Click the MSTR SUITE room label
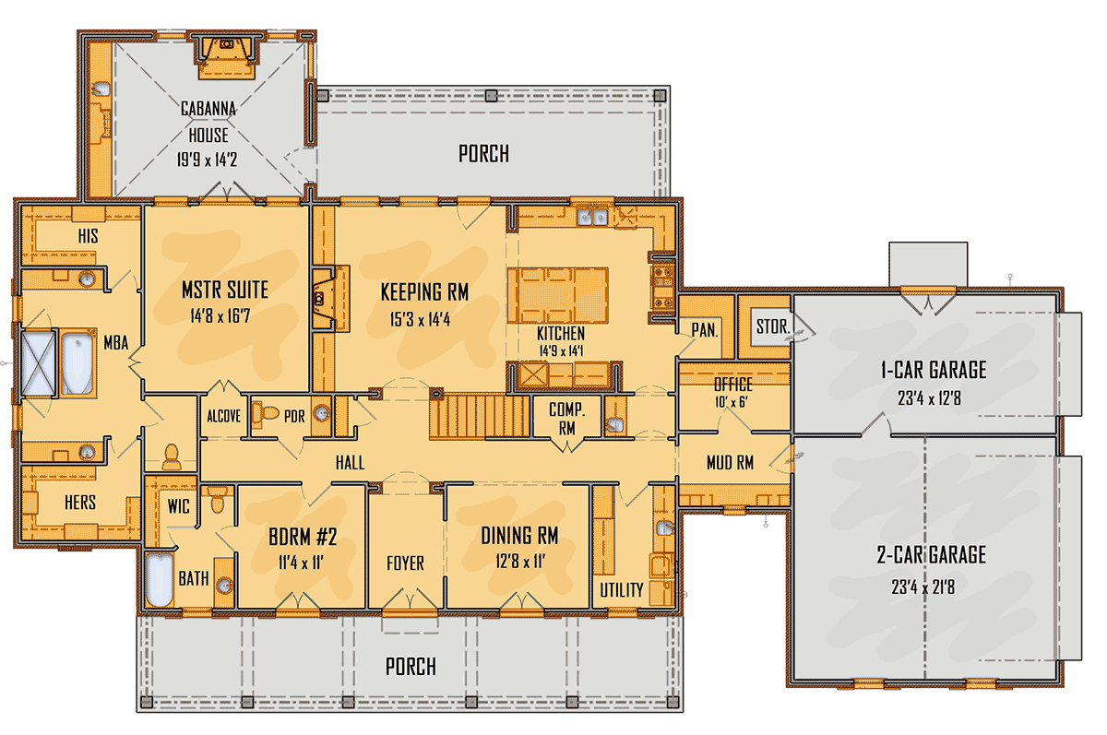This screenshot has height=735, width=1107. coord(225,290)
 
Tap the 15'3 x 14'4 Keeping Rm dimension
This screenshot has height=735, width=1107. coord(420,320)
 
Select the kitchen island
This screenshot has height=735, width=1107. coord(558,295)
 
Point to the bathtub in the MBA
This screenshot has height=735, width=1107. coord(77,363)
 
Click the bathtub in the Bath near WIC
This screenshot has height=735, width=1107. coord(159,579)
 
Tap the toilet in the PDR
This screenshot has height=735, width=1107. coord(265,412)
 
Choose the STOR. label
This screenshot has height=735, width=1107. coord(773,326)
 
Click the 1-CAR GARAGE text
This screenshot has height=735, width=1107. coord(934,370)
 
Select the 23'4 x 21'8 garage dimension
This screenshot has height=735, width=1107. coord(923,587)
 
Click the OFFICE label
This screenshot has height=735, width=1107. coord(733,385)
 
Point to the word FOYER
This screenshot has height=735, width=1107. coord(405,563)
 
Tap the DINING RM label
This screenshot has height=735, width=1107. coord(519,536)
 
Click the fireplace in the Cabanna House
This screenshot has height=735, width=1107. coord(227,56)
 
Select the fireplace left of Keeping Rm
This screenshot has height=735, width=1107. coord(330,299)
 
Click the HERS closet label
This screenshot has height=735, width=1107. coord(80,503)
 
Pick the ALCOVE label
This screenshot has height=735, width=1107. coord(224,417)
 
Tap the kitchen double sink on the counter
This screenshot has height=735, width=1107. coord(592,216)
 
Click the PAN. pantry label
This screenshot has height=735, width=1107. coord(705,330)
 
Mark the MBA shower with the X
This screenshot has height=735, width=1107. coord(39,363)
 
